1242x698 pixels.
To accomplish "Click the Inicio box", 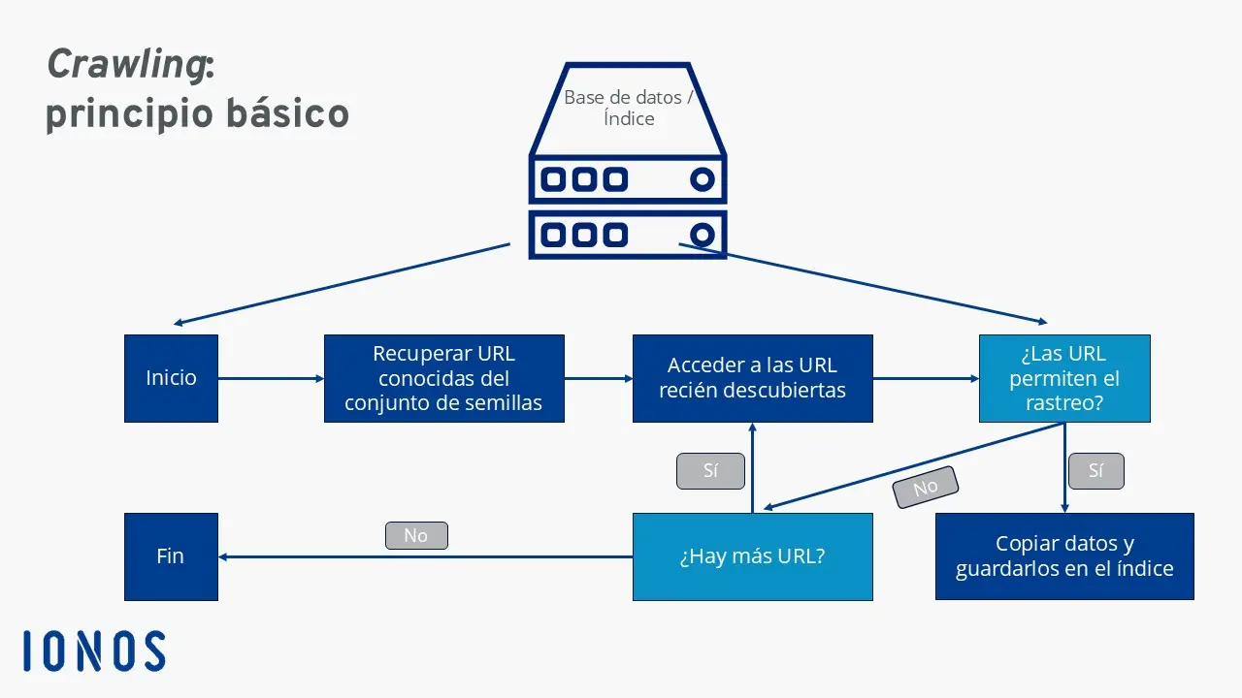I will coord(171,378).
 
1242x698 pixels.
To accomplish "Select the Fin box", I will coord(171,556).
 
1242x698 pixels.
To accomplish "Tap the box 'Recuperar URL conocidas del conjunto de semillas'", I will coord(443,378).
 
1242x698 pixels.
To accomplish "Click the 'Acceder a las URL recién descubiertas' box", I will coord(752,378).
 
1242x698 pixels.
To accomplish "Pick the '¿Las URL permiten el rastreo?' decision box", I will coord(1063,378).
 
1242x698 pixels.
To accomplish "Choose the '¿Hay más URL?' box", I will coord(752,556).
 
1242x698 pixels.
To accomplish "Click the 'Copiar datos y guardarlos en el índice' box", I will coord(1063,556).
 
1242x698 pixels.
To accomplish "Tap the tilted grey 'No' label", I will coord(926,487).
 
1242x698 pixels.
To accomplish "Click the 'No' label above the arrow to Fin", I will coord(415,535).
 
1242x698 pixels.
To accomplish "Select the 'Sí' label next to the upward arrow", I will coord(710,471).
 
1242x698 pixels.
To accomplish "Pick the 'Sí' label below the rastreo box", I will coord(1095,471).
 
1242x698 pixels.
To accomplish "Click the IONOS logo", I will coord(94,650).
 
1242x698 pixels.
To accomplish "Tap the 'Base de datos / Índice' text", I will coord(628,108).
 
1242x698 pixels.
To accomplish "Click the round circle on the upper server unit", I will coord(702,179).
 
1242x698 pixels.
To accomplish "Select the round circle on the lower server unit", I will coord(702,235).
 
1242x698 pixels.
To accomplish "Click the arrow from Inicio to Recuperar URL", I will coord(271,378).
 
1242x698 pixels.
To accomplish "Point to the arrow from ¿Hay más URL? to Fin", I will coord(427,556).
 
